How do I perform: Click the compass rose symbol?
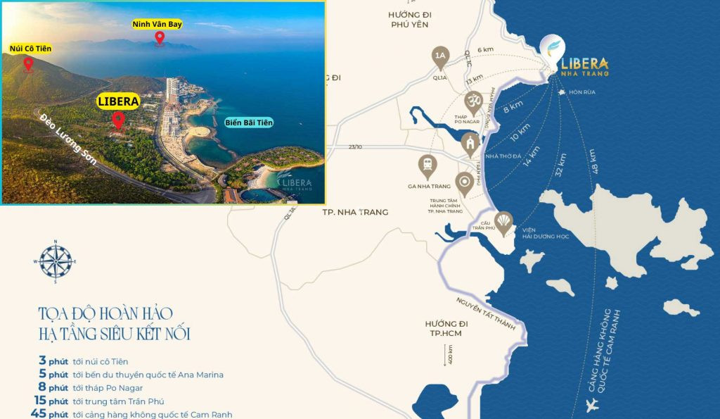[56, 261]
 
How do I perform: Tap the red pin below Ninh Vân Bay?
[160, 38]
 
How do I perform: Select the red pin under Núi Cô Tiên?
[28, 64]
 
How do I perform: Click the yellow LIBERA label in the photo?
[118, 101]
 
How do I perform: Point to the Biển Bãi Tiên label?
[249, 123]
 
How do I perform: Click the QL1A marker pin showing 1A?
[441, 56]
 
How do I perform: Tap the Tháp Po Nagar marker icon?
[474, 101]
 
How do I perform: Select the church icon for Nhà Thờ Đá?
[469, 144]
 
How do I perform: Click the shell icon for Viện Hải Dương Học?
[503, 221]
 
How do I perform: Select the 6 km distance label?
[485, 49]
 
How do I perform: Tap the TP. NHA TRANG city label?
[354, 212]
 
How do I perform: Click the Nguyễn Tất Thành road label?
[485, 313]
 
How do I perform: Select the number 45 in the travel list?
[38, 414]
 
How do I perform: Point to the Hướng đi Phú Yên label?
[410, 18]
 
